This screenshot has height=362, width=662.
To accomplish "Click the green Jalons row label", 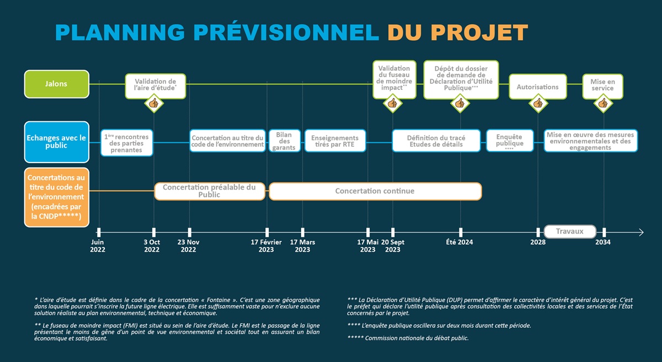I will click(56, 84).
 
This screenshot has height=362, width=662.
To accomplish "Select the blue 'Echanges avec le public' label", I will click(56, 142).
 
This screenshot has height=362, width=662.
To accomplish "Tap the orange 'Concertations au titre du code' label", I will click(56, 197).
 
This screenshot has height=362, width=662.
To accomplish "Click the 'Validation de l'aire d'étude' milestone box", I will click(155, 85).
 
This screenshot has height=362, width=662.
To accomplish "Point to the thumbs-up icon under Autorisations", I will click(538, 103).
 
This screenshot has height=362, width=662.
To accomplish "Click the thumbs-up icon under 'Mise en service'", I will click(603, 103).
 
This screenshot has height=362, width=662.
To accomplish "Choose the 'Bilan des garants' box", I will click(285, 141).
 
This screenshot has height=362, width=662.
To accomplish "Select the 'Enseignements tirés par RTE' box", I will click(335, 141).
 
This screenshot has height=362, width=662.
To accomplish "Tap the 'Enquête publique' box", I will click(509, 141).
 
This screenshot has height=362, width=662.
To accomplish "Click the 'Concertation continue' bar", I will click(375, 191).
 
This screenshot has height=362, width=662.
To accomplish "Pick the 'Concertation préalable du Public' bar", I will click(210, 191).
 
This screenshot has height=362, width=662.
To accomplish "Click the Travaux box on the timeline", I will click(570, 231).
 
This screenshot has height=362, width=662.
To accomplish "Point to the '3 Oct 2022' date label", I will click(152, 246).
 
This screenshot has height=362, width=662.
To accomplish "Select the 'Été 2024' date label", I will click(460, 242).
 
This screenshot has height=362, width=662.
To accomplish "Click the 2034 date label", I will click(603, 242).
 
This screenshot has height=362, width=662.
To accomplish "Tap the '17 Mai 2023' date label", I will click(367, 246).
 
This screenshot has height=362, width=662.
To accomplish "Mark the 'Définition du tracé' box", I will click(436, 141).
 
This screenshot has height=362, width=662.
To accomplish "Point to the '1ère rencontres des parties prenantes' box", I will click(126, 143).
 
